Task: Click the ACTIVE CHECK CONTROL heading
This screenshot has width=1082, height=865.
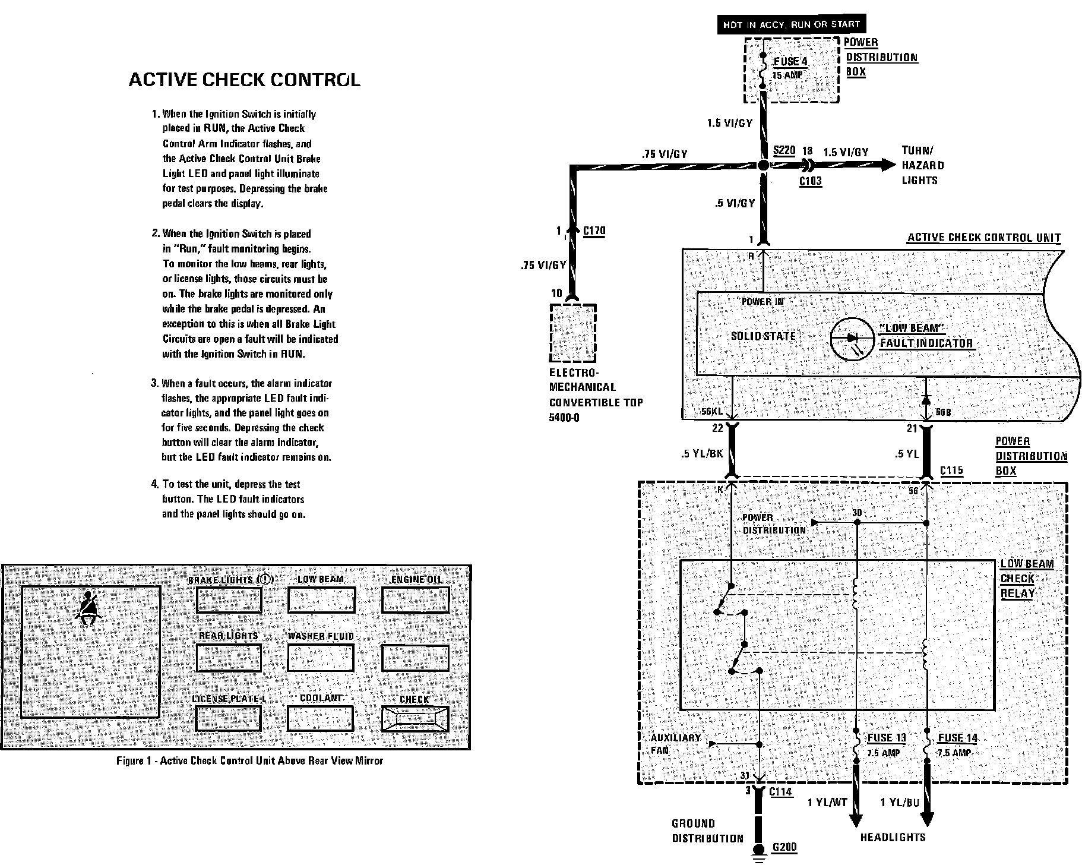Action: pyautogui.click(x=244, y=80)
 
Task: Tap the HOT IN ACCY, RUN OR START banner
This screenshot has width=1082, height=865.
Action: pyautogui.click(x=791, y=24)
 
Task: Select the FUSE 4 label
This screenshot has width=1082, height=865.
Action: pyautogui.click(x=790, y=62)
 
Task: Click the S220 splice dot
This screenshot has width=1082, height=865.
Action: pyautogui.click(x=764, y=166)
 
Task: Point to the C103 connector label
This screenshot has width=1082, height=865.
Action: pyautogui.click(x=810, y=181)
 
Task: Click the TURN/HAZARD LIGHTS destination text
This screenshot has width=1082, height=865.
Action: pyautogui.click(x=922, y=166)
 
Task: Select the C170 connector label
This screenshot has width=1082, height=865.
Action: pyautogui.click(x=594, y=231)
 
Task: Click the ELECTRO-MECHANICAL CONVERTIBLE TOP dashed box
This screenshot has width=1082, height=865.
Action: pyautogui.click(x=572, y=333)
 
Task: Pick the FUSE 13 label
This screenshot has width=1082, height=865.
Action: pyautogui.click(x=887, y=738)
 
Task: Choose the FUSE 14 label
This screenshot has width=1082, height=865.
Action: pyautogui.click(x=957, y=738)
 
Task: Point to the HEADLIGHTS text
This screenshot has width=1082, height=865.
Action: pyautogui.click(x=893, y=837)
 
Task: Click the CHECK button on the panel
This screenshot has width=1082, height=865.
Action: pyautogui.click(x=415, y=718)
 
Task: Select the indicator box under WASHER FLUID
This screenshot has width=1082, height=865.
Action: pyautogui.click(x=321, y=658)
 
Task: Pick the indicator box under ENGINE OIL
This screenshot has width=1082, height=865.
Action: pyautogui.click(x=415, y=600)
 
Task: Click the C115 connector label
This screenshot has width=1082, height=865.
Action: pyautogui.click(x=951, y=471)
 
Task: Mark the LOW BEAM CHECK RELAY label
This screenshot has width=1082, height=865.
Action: pyautogui.click(x=1026, y=579)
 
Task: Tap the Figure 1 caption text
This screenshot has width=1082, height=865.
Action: pyautogui.click(x=249, y=760)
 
